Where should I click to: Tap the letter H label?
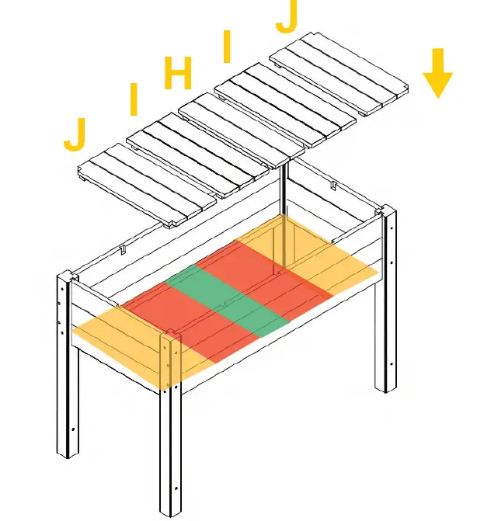pyautogui.click(x=178, y=75)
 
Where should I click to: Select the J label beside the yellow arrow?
pyautogui.click(x=287, y=17)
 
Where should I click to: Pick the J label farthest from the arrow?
pyautogui.click(x=75, y=134)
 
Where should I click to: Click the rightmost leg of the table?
pyautogui.click(x=385, y=311)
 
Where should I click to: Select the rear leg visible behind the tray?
pyautogui.click(x=285, y=225)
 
